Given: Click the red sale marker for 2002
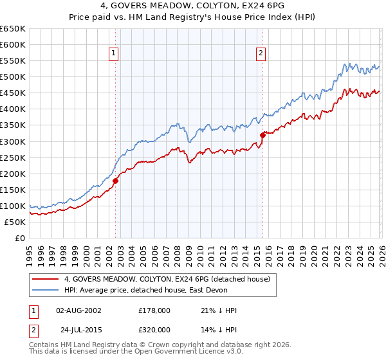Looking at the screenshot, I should [x=116, y=181].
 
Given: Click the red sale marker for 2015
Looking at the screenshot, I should [x=262, y=134].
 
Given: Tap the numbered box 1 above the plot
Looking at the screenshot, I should [x=113, y=54].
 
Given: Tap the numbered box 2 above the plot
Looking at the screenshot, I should [x=261, y=54].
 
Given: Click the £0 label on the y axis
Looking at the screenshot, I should [x=19, y=239].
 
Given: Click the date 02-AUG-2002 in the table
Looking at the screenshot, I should [x=78, y=310].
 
